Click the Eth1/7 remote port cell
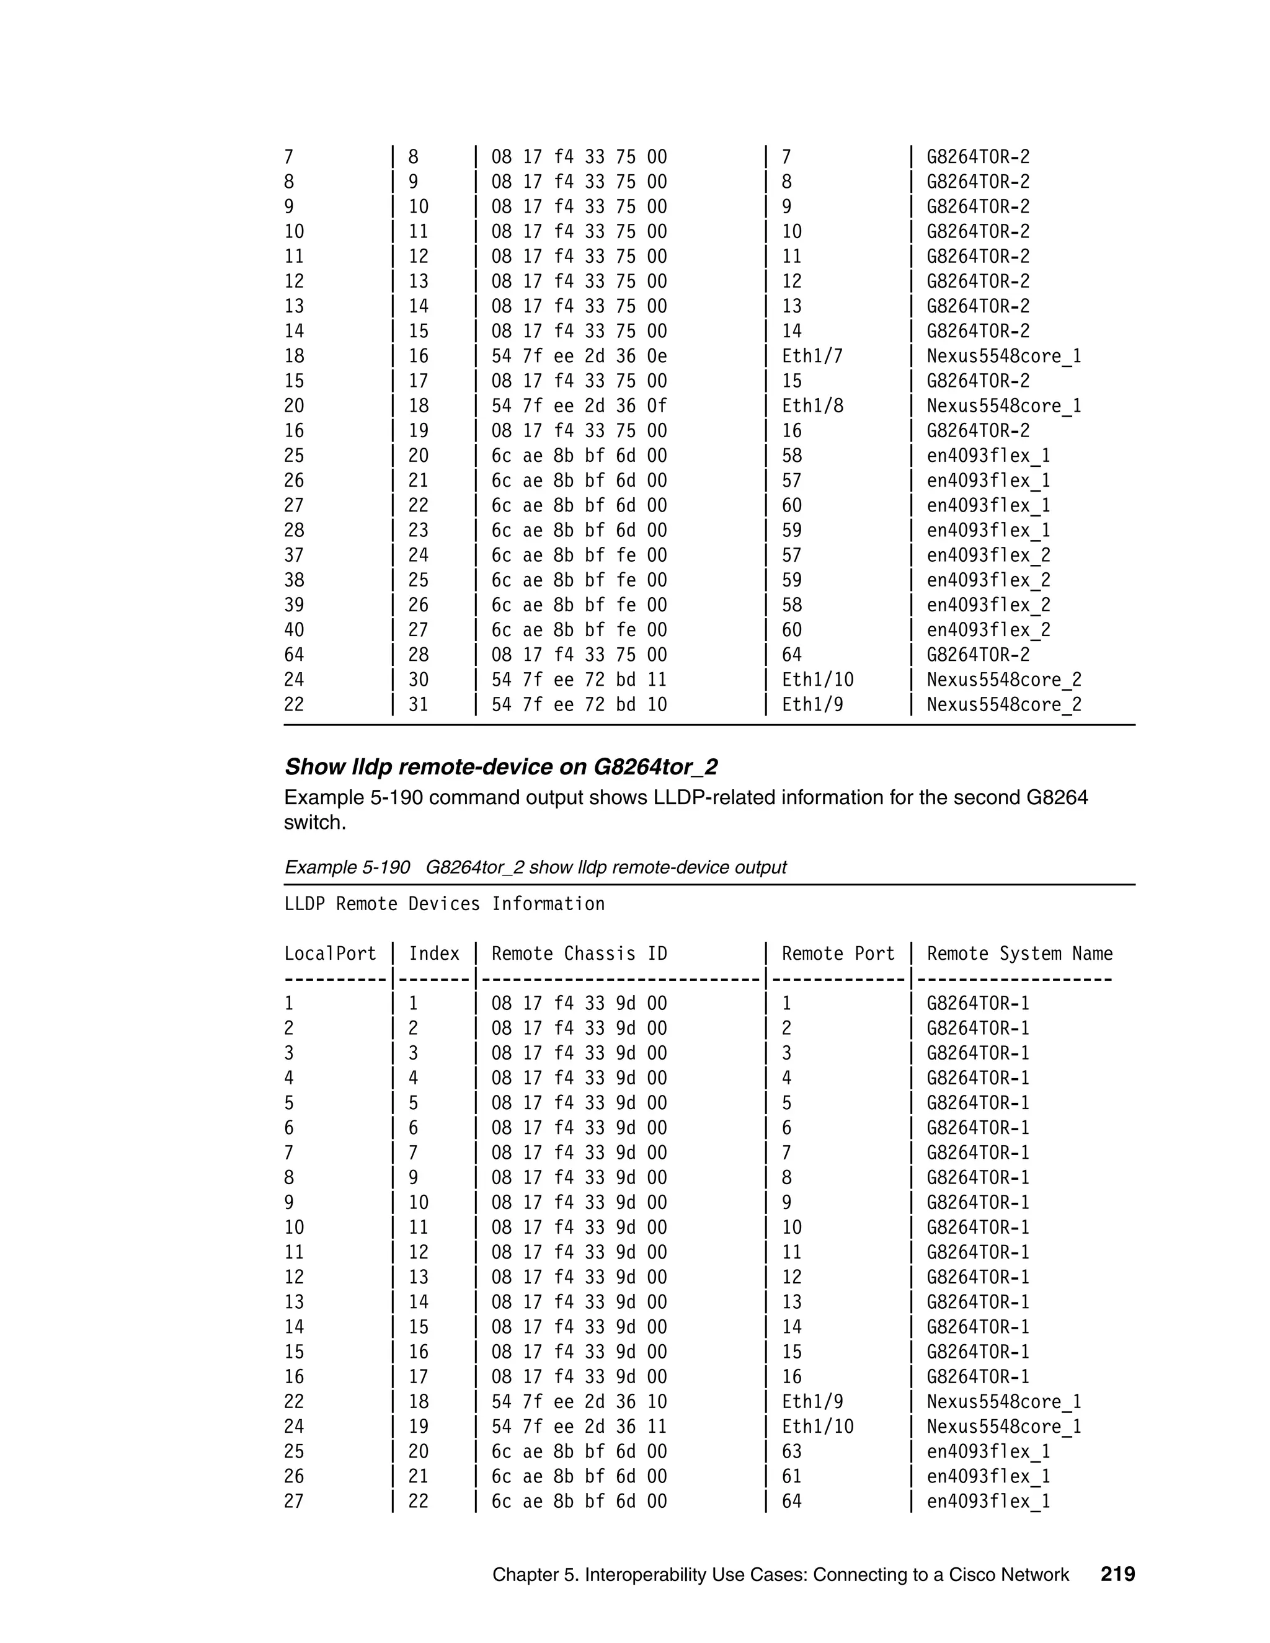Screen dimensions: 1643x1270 (812, 356)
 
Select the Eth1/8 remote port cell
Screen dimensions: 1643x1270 (812, 405)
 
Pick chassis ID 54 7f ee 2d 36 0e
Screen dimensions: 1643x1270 (579, 356)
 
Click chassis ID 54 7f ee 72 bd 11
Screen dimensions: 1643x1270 (579, 680)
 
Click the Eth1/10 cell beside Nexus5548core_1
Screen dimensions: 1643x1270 (817, 1427)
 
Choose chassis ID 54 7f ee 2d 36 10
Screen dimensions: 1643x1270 (579, 1402)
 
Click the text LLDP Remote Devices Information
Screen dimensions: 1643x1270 (444, 903)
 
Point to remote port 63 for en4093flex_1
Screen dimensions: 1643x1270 (791, 1451)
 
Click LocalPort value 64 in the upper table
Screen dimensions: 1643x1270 (293, 655)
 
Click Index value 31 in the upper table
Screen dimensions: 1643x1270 (419, 704)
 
